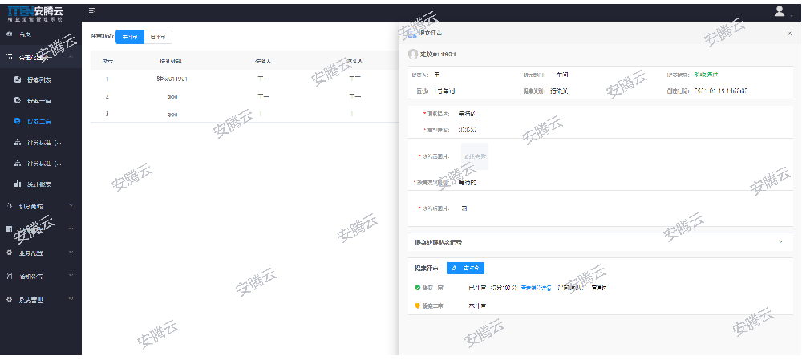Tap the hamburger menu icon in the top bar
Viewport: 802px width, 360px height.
pyautogui.click(x=93, y=11)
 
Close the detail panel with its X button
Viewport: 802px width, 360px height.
pyautogui.click(x=789, y=33)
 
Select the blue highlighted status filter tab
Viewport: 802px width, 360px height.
pyautogui.click(x=129, y=37)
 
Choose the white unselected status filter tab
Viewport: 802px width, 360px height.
pyautogui.click(x=159, y=37)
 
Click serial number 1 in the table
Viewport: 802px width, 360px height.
pyautogui.click(x=107, y=79)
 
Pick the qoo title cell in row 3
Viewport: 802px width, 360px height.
pyautogui.click(x=172, y=114)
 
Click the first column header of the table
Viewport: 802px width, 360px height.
pyautogui.click(x=107, y=61)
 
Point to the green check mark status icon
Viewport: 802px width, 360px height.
pyautogui.click(x=418, y=287)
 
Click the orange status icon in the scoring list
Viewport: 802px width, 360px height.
pyautogui.click(x=418, y=305)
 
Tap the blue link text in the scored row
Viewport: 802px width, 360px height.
pyautogui.click(x=536, y=287)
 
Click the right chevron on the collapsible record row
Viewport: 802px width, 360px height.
pyautogui.click(x=780, y=241)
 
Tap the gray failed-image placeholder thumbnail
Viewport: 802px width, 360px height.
pyautogui.click(x=474, y=156)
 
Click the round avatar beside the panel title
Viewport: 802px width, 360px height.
pyautogui.click(x=413, y=54)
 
